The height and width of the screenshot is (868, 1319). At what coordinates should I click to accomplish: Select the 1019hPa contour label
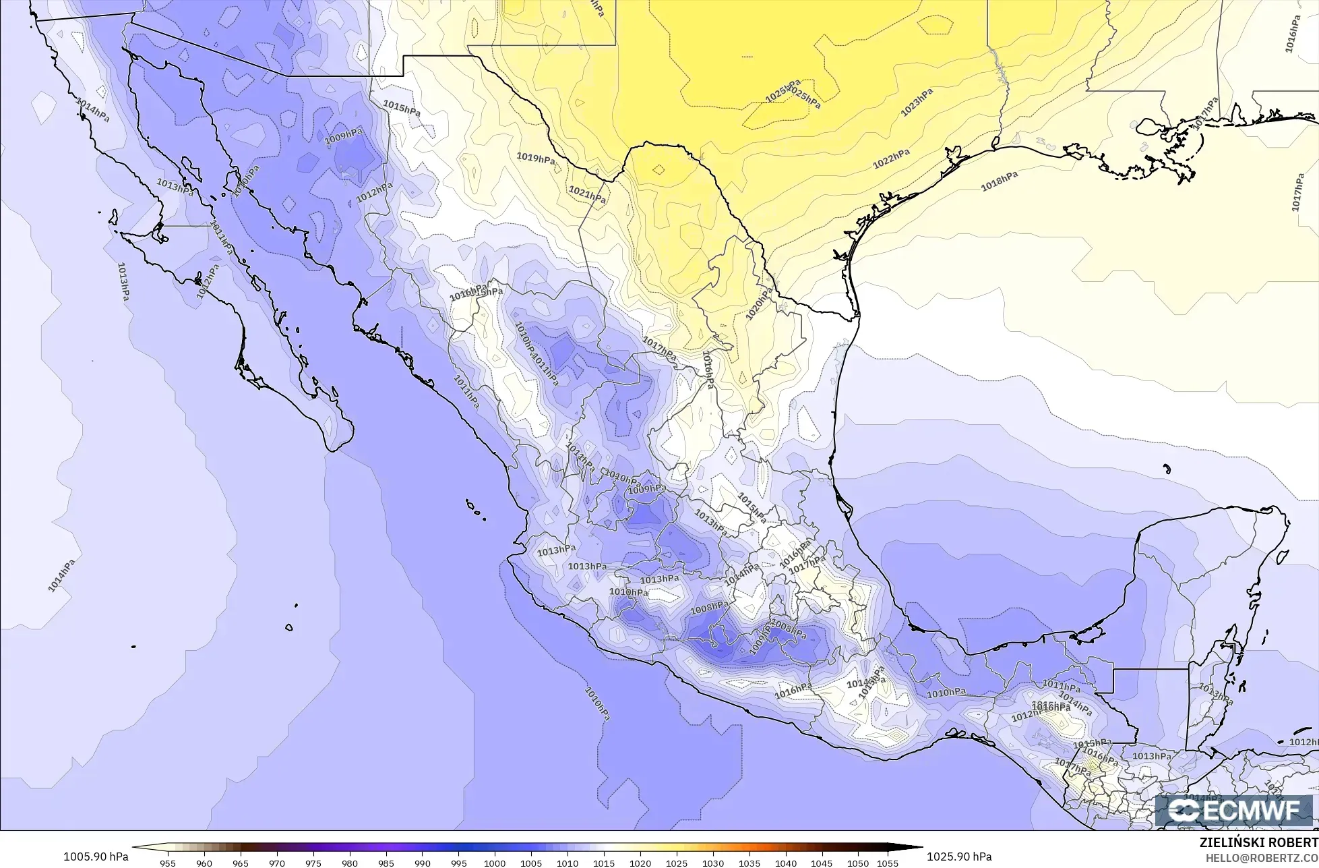tap(536, 158)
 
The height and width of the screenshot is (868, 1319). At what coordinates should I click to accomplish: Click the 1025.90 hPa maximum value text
tap(959, 857)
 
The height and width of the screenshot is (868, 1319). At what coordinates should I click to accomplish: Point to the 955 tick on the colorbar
tap(168, 863)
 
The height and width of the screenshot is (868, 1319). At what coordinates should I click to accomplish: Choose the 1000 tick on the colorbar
tap(495, 863)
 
